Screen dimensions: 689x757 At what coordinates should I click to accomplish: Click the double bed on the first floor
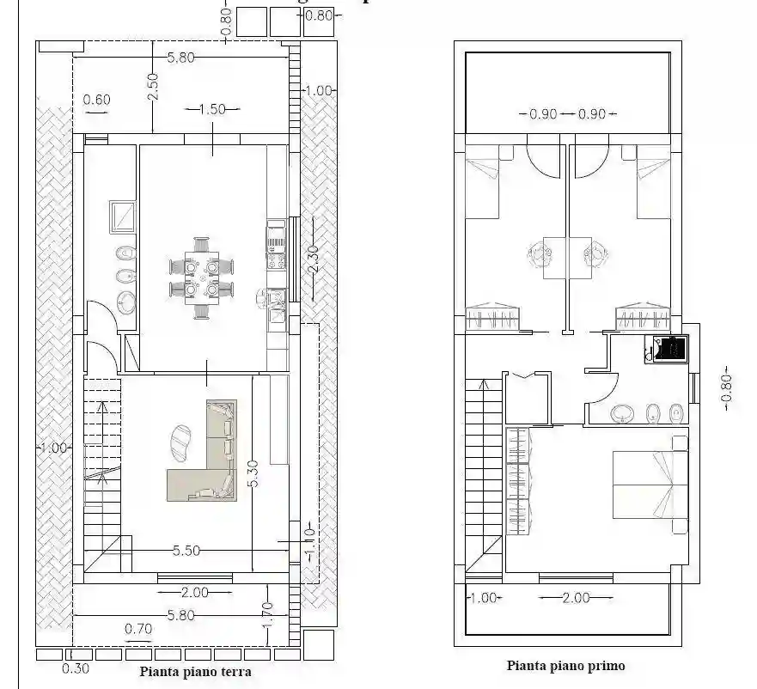click(x=649, y=484)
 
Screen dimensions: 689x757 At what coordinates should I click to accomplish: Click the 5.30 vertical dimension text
click(x=252, y=473)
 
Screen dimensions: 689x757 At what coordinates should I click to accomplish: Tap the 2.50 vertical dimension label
click(x=152, y=87)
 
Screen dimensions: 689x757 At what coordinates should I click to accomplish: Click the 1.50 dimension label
click(x=211, y=109)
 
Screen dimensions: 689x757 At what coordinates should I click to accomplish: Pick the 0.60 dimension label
click(x=96, y=100)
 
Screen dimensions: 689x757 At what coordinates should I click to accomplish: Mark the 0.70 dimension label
click(x=138, y=629)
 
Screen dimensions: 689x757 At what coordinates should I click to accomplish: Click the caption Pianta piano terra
click(x=195, y=672)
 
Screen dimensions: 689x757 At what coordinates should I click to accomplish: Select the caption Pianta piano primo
click(x=565, y=665)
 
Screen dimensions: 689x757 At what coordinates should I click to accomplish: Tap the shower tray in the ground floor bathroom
click(x=122, y=216)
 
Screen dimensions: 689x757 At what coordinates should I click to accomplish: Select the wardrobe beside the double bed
click(x=518, y=481)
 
